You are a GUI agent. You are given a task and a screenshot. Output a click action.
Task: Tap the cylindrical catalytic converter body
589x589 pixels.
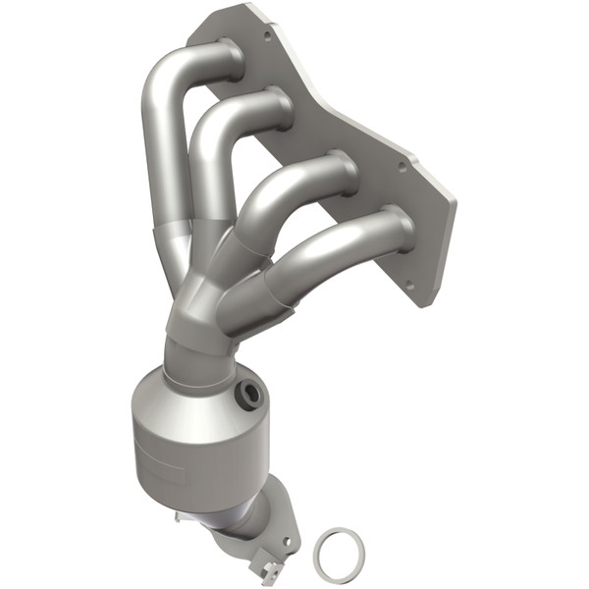[x=187, y=442]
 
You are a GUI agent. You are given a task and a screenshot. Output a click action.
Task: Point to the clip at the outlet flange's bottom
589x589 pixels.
[x=266, y=566]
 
